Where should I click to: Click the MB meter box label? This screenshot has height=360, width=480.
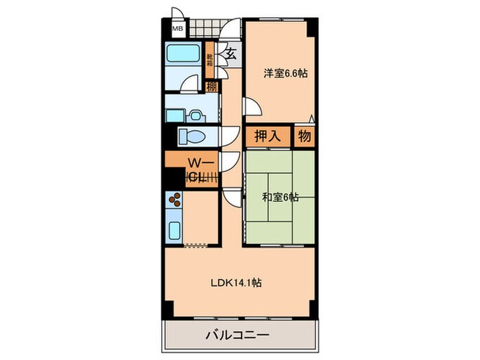178,29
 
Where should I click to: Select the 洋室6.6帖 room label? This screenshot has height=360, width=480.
283,73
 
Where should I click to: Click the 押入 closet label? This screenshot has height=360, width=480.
268,136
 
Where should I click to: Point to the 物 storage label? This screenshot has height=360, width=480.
305,136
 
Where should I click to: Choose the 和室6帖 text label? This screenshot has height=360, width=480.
280,197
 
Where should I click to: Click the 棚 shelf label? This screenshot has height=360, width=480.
211,87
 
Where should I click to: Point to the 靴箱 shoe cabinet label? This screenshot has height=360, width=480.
210,60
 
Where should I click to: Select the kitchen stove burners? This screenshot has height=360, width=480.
176,201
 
